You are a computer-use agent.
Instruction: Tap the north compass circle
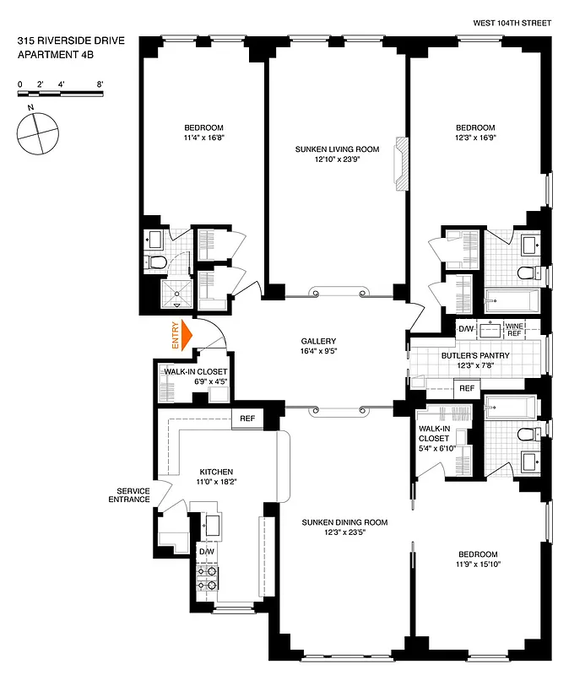pos(37,135)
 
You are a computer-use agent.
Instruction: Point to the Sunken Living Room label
pos(337,149)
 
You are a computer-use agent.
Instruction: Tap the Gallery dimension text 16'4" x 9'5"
pos(337,352)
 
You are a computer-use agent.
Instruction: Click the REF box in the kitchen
pos(247,418)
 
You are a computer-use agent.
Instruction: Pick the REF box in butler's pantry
pos(465,388)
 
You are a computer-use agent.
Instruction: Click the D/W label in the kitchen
pos(206,551)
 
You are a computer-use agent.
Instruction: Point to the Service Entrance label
pos(133,495)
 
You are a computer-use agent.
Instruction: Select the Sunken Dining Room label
pos(344,522)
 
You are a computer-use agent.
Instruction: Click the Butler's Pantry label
pos(475,356)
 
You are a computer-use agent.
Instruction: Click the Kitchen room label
pos(216,472)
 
